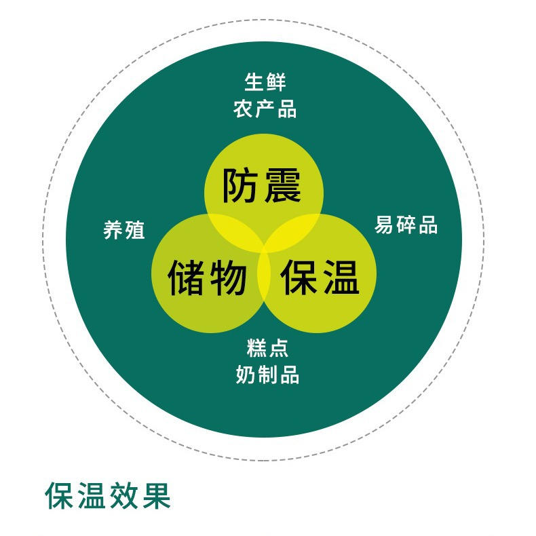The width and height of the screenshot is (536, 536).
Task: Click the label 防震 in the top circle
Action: point(263,185)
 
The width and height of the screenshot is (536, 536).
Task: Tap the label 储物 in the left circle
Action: point(207,277)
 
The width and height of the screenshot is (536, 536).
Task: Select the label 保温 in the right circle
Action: point(320,277)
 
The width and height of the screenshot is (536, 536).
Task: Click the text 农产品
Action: point(265,109)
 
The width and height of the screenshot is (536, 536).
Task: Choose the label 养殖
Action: point(124,230)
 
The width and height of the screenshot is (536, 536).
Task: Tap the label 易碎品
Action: point(406,225)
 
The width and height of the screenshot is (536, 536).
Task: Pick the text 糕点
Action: point(267,348)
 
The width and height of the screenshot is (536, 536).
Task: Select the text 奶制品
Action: point(267,375)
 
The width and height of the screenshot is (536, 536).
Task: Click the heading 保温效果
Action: point(108,496)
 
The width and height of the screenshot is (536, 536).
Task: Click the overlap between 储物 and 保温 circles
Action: point(264,278)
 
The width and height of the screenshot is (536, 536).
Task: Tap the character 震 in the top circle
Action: point(283,185)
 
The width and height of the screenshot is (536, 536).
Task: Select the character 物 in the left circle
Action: point(228,277)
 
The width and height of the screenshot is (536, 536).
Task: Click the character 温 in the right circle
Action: point(341,277)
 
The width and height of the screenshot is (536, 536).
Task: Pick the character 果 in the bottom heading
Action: point(155,496)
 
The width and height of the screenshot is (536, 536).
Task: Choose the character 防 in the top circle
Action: point(242,185)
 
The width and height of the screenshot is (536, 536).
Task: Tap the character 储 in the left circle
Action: point(186,277)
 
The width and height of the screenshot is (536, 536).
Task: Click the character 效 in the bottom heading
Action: point(124,496)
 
